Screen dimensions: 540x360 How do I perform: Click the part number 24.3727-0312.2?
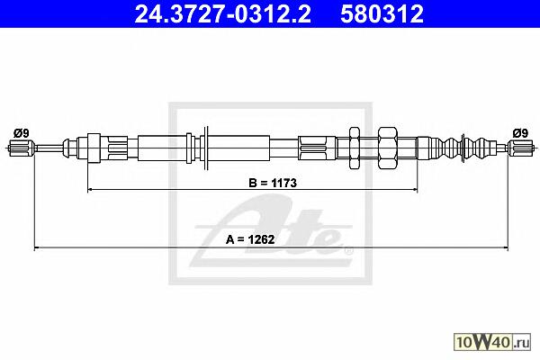pyautogui.click(x=223, y=14)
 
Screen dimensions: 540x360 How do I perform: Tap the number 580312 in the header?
pyautogui.click(x=382, y=14)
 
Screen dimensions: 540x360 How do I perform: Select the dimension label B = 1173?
pyautogui.click(x=273, y=183)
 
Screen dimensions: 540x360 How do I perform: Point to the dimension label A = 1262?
pyautogui.click(x=250, y=239)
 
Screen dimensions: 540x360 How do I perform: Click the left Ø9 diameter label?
pyautogui.click(x=21, y=133)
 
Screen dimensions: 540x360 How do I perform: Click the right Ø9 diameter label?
pyautogui.click(x=520, y=133)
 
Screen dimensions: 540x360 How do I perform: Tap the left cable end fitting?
pyautogui.click(x=22, y=148)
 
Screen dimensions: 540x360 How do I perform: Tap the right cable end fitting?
pyautogui.click(x=521, y=148)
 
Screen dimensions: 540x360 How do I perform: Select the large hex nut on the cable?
pyautogui.click(x=387, y=148)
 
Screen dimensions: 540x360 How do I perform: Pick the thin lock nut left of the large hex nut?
pyautogui.click(x=355, y=148)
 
